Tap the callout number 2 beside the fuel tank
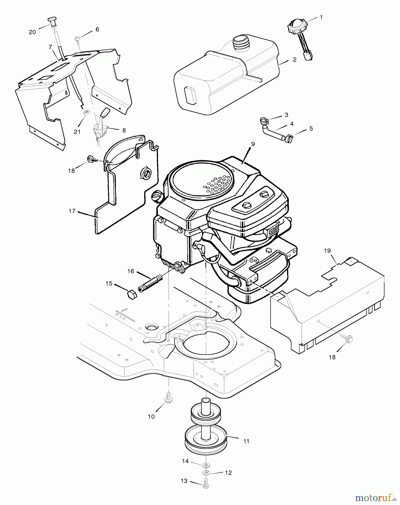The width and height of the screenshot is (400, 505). pos(295,60)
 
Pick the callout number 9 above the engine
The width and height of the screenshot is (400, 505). pos(253,144)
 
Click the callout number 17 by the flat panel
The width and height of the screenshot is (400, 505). pos(72,211)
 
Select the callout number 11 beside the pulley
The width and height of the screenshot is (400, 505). pos(246,441)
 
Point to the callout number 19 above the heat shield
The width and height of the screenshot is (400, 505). pos(327,251)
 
